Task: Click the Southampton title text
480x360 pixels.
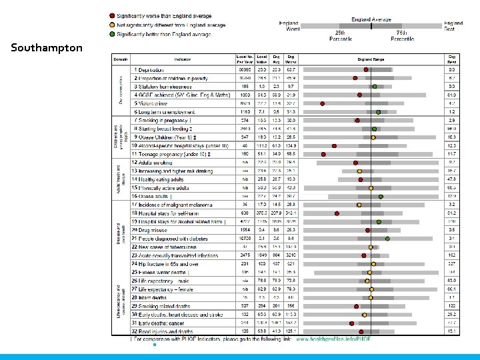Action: pos(47,48)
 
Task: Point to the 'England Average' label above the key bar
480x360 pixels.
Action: pos(371,20)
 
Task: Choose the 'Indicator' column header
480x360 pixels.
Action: pos(183,59)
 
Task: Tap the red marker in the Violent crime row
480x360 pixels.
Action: pos(323,103)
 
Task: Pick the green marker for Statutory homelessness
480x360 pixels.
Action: pos(375,87)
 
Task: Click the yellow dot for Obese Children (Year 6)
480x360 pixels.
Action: pos(373,137)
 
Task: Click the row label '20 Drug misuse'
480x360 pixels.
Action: pos(150,230)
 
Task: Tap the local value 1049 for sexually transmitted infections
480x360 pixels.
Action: pos(263,255)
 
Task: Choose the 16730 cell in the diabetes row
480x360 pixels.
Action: pos(244,239)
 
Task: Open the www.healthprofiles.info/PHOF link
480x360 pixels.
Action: pos(333,339)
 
